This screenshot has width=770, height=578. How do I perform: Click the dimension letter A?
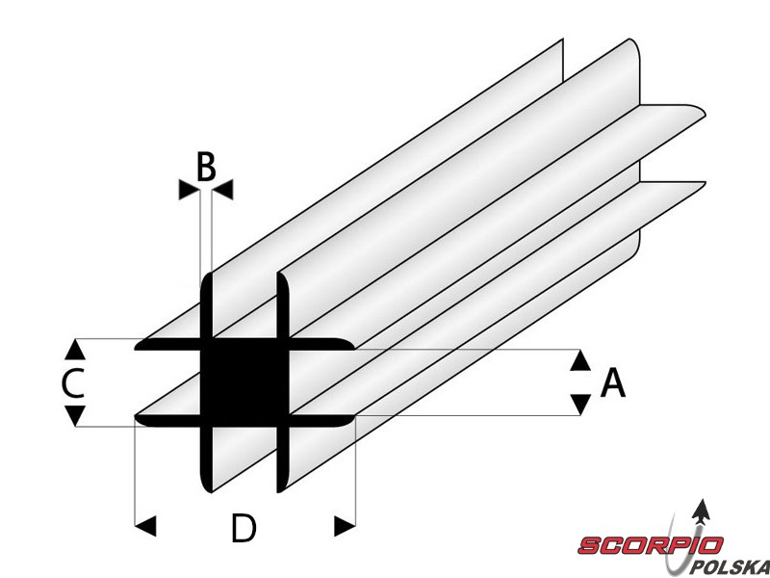pos(613,383)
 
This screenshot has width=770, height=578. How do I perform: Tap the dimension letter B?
pos(206,167)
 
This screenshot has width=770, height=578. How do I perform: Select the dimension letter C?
pos(73,383)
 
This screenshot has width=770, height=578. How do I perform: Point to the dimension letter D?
pos(244,528)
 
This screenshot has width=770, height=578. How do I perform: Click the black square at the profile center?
pos(244,382)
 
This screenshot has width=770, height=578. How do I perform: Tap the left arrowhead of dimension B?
pos(189,190)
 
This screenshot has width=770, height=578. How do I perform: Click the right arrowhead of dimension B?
pos(222,190)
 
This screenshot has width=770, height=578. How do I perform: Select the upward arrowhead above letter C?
pos(75,349)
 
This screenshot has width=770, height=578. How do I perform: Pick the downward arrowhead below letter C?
pos(75,416)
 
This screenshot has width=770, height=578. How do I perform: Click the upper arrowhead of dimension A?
pos(580,359)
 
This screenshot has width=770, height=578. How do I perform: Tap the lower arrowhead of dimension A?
pos(580,405)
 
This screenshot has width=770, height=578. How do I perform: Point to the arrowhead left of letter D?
pos(145,526)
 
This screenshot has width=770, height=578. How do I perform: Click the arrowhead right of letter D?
pos(345,526)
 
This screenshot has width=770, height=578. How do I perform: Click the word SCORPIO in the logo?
pos(651,545)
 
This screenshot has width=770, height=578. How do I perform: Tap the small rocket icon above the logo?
pos(704,512)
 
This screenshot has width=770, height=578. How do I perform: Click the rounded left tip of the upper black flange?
pos(136,347)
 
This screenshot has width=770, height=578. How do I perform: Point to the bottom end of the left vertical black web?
pos(208,490)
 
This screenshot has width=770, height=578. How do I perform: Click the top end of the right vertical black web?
pos(281,274)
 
